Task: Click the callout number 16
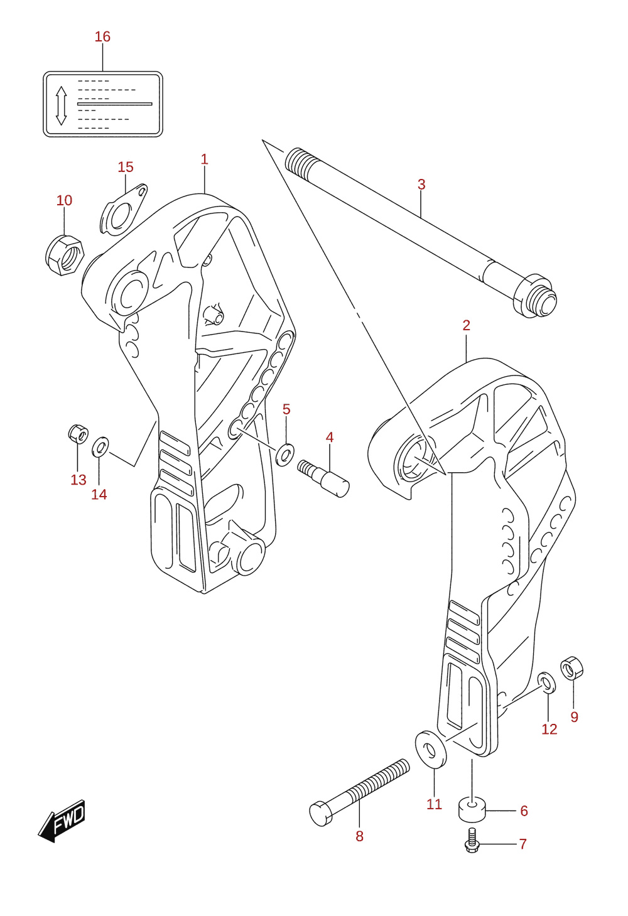pos(103,37)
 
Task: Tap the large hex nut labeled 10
pos(64,254)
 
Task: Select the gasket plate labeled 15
pos(124,210)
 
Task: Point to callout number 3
pos(421,185)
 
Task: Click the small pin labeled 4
pos(323,478)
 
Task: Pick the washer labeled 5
pos(285,455)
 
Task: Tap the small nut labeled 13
pos(78,434)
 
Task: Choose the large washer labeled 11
pos(430,750)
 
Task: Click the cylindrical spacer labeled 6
pos(472,810)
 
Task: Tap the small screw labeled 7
pos(472,841)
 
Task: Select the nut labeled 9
pos(571,668)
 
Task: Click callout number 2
pos(467,325)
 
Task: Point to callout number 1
pos(205,159)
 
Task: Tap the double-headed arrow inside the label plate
pos(62,105)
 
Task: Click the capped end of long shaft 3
pos(535,296)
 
